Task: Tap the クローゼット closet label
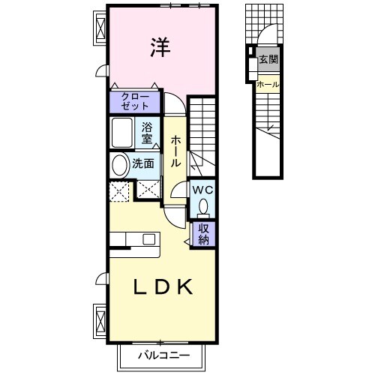135,101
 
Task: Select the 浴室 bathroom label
148,133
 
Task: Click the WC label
202,190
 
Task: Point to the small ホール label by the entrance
268,85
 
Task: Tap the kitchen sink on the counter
149,239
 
